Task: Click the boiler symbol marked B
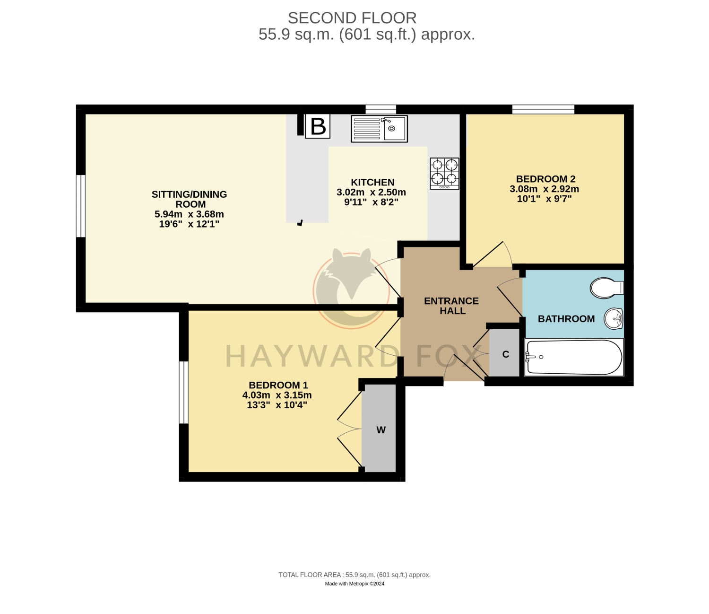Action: click(x=317, y=126)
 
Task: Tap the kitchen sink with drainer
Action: click(x=379, y=129)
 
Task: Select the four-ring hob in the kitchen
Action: click(x=444, y=173)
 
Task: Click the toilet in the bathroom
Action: click(x=606, y=288)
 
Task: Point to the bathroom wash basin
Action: click(x=614, y=318)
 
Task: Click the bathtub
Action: click(x=574, y=357)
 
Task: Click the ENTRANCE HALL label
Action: click(x=451, y=306)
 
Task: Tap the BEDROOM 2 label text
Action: click(x=545, y=179)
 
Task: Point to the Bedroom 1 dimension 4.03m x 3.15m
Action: click(x=277, y=395)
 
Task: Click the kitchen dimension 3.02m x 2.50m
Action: click(x=371, y=192)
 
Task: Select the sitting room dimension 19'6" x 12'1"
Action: click(x=189, y=224)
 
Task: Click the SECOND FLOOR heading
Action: click(x=352, y=18)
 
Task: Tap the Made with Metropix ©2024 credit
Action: click(x=354, y=583)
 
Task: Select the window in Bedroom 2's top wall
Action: click(x=543, y=109)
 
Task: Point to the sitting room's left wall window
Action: click(x=81, y=206)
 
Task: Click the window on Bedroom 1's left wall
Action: click(x=184, y=392)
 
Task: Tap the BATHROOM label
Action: click(x=566, y=319)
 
